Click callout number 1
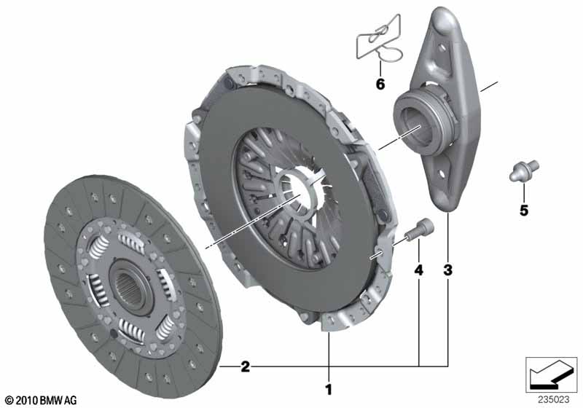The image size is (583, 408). (329, 390)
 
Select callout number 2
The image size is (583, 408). (246, 366)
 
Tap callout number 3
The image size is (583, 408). (448, 270)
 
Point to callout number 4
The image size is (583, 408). (418, 270)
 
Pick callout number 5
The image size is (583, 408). (524, 211)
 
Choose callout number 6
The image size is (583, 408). (380, 85)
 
